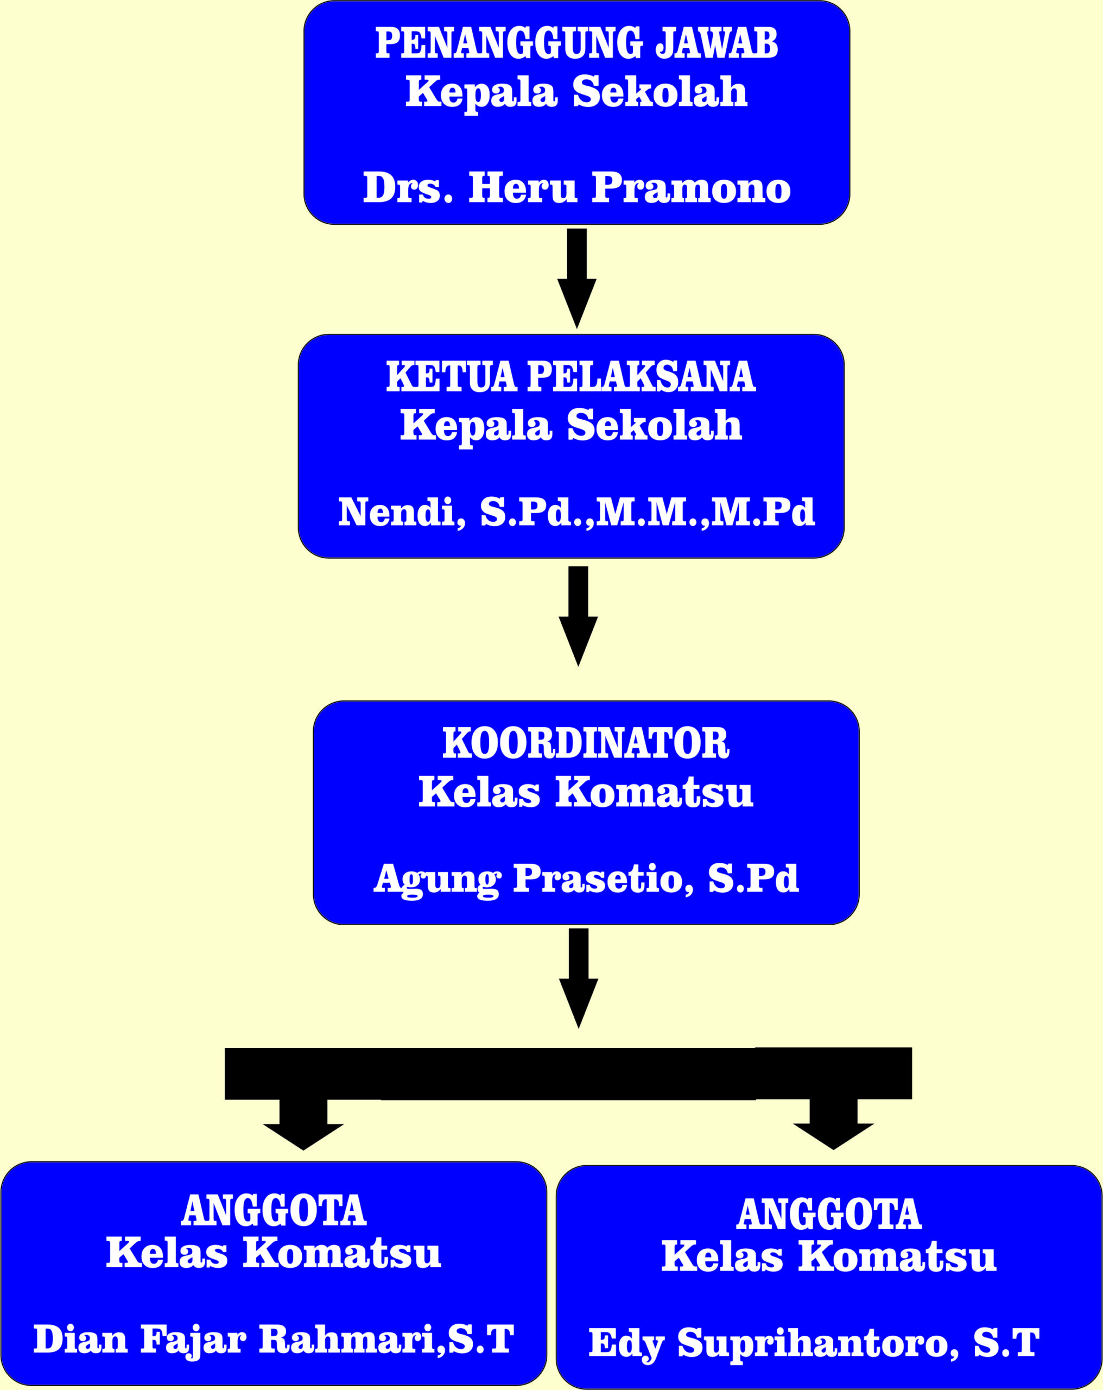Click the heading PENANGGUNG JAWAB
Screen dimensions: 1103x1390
point(576,43)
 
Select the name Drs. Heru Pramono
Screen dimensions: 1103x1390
point(576,188)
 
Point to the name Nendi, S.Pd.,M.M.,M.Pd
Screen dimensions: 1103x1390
point(576,512)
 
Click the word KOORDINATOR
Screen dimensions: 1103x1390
point(585,743)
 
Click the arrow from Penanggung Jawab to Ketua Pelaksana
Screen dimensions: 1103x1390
point(576,279)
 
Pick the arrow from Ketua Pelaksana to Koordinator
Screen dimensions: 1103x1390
point(578,616)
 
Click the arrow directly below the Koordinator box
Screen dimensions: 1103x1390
point(578,978)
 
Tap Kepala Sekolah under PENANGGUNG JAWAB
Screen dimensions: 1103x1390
point(576,92)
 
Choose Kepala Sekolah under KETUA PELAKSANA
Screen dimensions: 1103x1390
point(570,426)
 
